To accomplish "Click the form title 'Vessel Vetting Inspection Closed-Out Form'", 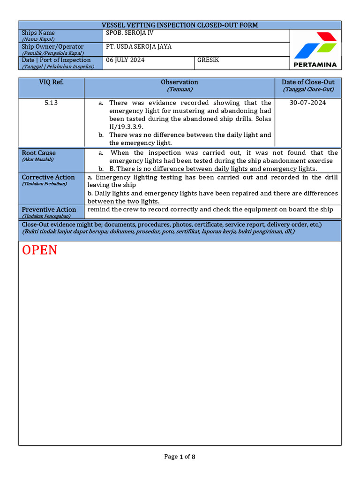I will click(180, 25).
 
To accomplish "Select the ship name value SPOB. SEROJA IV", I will click(130, 33).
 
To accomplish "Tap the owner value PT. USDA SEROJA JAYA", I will click(139, 46).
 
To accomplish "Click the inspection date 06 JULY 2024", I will click(125, 60).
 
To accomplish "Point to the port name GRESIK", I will click(208, 60).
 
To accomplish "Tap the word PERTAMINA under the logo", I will click(315, 65).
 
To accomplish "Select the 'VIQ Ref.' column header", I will click(51, 82).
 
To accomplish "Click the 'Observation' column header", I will click(180, 82).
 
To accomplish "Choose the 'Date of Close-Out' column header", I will click(308, 82).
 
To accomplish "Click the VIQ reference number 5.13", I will click(51, 103).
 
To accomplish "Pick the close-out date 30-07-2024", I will click(308, 103).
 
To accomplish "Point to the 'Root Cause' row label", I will click(38, 153).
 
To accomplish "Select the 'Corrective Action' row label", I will click(48, 177).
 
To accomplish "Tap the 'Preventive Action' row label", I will click(49, 210).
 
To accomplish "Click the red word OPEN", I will click(40, 250).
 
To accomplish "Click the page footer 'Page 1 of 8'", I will click(180, 457).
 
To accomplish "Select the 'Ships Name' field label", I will click(38, 33).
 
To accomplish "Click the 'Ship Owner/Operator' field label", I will click(52, 46).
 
